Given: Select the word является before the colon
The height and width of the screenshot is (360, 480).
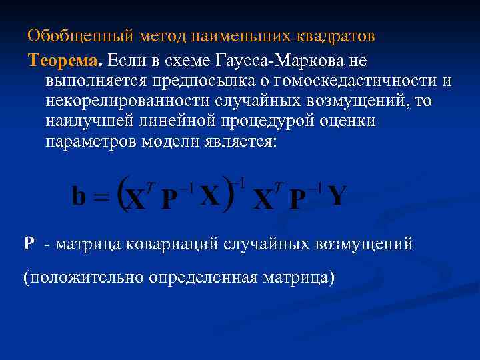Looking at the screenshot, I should (235, 143).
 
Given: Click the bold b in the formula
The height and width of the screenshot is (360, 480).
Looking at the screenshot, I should (79, 196).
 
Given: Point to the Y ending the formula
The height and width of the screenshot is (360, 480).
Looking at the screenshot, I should (337, 196).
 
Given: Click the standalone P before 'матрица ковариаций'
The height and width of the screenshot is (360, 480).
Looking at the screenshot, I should (29, 244).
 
